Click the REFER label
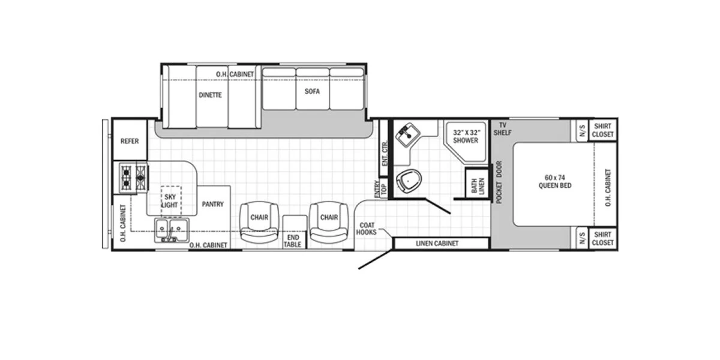click(x=130, y=141)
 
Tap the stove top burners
click(x=133, y=178)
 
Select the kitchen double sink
click(x=172, y=230)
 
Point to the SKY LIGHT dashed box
click(x=170, y=200)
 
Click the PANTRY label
click(x=212, y=204)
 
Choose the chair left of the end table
click(x=259, y=222)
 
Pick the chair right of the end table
click(x=329, y=222)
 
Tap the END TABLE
click(x=295, y=232)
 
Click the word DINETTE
click(x=210, y=95)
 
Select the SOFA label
click(x=312, y=91)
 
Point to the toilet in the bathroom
click(x=409, y=181)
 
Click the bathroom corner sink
click(x=407, y=134)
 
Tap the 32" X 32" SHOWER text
click(x=466, y=136)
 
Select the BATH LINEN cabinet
click(x=478, y=183)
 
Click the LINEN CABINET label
click(x=437, y=244)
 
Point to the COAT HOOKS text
click(x=367, y=229)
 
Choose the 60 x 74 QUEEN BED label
click(x=555, y=182)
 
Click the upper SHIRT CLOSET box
click(x=602, y=130)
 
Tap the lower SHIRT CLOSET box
click(x=602, y=239)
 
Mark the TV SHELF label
click(x=502, y=129)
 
